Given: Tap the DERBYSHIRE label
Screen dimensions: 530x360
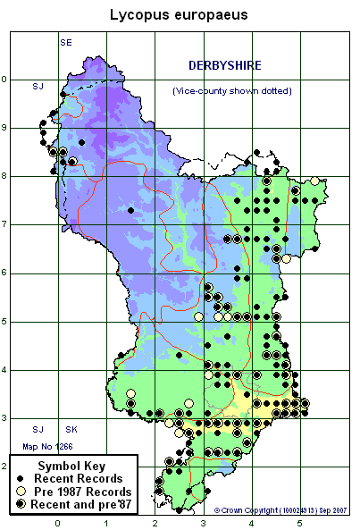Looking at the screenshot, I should point(224,65).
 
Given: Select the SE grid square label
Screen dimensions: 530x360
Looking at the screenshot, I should point(65,43).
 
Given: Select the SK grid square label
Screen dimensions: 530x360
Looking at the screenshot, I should point(71,430).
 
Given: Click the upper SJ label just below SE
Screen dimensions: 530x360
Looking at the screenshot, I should point(38,86).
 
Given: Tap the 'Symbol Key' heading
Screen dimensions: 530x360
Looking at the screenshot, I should point(72,467).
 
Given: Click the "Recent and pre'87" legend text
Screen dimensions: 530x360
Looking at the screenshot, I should point(88,505).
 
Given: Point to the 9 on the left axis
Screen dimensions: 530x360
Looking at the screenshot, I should point(4,127).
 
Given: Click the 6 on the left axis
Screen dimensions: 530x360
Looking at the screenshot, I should point(4,273).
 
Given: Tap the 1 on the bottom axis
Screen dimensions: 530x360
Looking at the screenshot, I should point(106,523).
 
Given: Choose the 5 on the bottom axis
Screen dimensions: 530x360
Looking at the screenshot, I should point(299,523).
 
